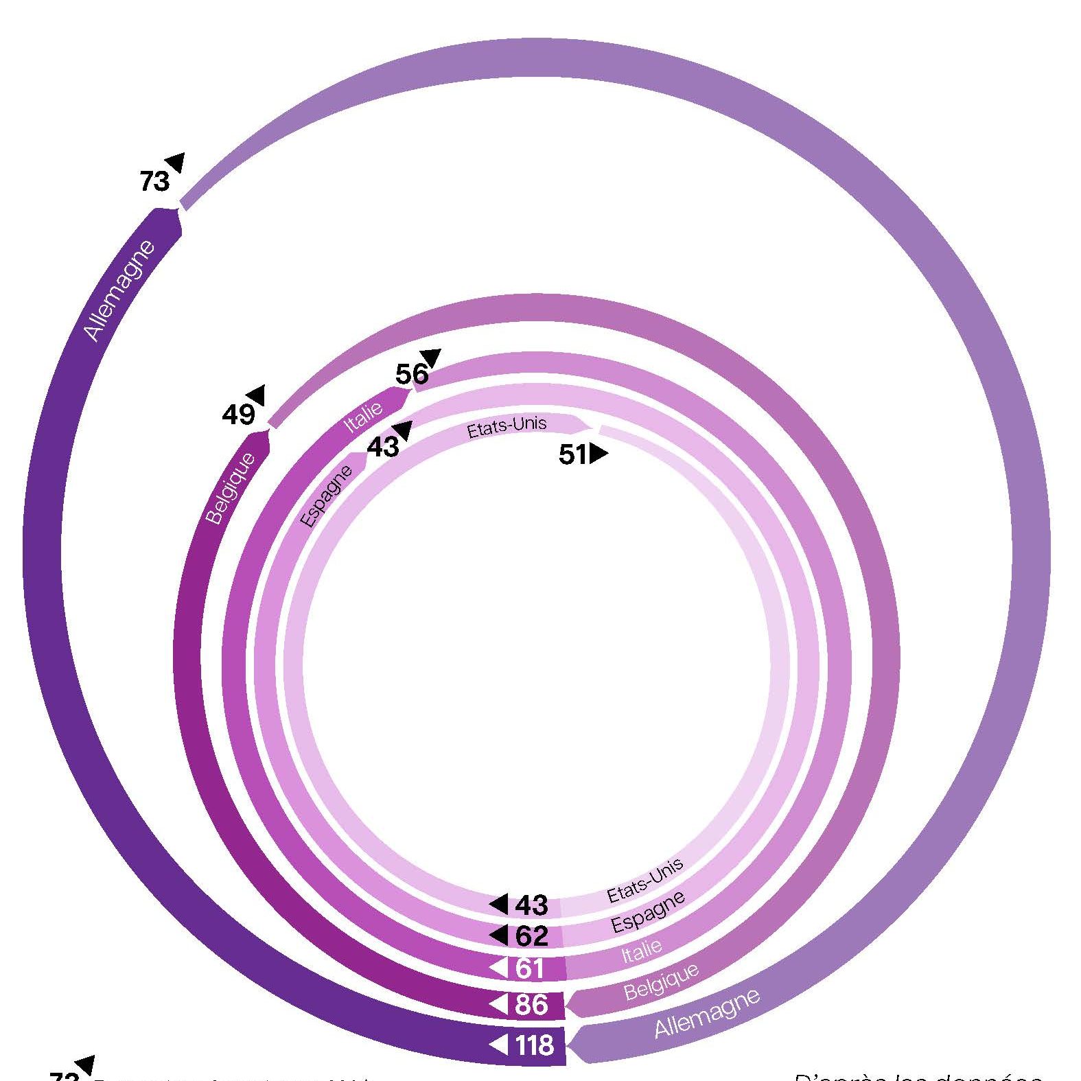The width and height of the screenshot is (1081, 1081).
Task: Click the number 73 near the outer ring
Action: click(x=154, y=182)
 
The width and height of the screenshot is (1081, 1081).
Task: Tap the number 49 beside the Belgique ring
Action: click(x=238, y=415)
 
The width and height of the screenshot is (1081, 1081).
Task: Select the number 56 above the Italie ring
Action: click(x=412, y=375)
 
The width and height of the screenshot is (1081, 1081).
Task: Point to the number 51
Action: click(x=573, y=454)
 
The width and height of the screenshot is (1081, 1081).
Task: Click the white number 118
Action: click(x=534, y=1045)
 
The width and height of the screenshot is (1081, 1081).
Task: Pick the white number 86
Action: click(x=531, y=1005)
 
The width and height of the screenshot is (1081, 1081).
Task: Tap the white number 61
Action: click(x=529, y=968)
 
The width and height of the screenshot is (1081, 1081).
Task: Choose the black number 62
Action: click(x=531, y=936)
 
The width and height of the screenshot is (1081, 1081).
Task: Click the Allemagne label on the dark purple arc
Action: click(x=119, y=290)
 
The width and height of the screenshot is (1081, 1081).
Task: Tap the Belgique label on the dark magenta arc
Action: click(x=231, y=488)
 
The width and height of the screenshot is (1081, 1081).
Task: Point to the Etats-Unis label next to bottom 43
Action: click(x=645, y=880)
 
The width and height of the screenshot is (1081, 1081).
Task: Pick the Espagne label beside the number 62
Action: click(x=647, y=913)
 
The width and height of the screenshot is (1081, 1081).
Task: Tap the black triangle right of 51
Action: click(x=598, y=454)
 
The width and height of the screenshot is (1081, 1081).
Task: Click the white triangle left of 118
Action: click(x=498, y=1045)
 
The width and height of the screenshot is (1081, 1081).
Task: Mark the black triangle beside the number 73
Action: click(x=176, y=162)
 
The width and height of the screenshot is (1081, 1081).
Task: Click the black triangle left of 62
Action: click(x=498, y=935)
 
